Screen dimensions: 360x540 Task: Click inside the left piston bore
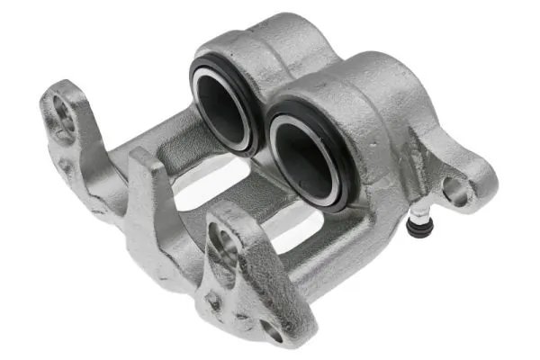pyautogui.click(x=223, y=106)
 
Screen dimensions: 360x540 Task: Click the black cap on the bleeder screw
pyautogui.click(x=417, y=229)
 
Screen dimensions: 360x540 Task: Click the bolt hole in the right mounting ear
pyautogui.click(x=457, y=190)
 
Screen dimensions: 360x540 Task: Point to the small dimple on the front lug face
pyautogui.click(x=213, y=296)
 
